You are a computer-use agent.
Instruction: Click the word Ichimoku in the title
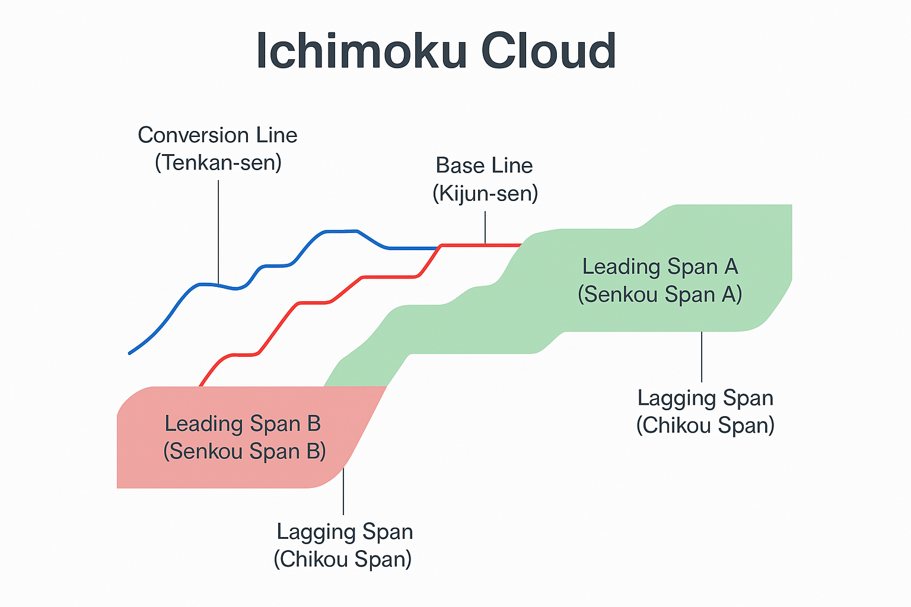click(x=362, y=52)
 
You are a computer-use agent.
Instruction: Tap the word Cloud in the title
click(x=548, y=52)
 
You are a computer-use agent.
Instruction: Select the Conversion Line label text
click(x=218, y=135)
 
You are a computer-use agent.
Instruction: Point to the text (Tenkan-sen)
click(x=218, y=162)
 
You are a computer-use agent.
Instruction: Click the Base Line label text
click(x=484, y=165)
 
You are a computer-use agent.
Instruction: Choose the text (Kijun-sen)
click(x=485, y=193)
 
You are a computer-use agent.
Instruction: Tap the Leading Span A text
click(x=660, y=267)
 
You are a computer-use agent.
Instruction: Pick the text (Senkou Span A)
click(x=660, y=295)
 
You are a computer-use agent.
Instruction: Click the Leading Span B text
click(x=243, y=424)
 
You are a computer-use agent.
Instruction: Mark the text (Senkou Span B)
click(x=244, y=452)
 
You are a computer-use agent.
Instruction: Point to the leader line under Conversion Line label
click(x=218, y=231)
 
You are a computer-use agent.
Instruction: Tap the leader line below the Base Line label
click(x=485, y=228)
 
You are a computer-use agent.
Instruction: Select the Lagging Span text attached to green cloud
click(x=705, y=398)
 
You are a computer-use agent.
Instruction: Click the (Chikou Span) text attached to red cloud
click(x=343, y=559)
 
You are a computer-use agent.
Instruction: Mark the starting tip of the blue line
click(x=130, y=353)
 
